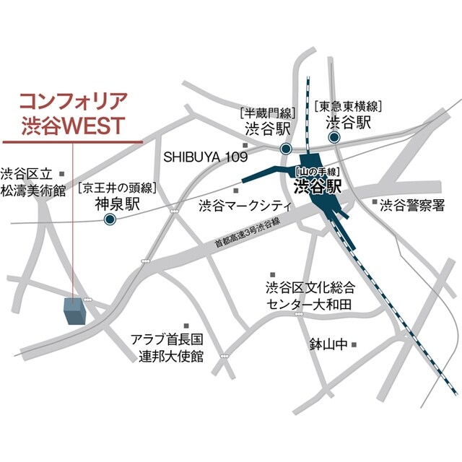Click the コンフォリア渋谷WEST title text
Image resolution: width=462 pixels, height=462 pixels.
tap(71, 110)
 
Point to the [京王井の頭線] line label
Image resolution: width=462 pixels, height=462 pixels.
tap(118, 188)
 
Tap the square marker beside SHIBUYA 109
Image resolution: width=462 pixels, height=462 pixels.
tap(245, 147)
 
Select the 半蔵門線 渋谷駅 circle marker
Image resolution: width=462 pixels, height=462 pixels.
tap(286, 147)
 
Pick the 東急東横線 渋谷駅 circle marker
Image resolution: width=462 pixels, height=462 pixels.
tap(334, 137)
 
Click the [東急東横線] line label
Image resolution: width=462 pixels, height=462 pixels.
tap(348, 106)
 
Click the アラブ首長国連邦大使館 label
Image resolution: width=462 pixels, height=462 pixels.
tap(167, 347)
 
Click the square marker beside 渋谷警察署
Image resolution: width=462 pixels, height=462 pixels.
tap(375, 203)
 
